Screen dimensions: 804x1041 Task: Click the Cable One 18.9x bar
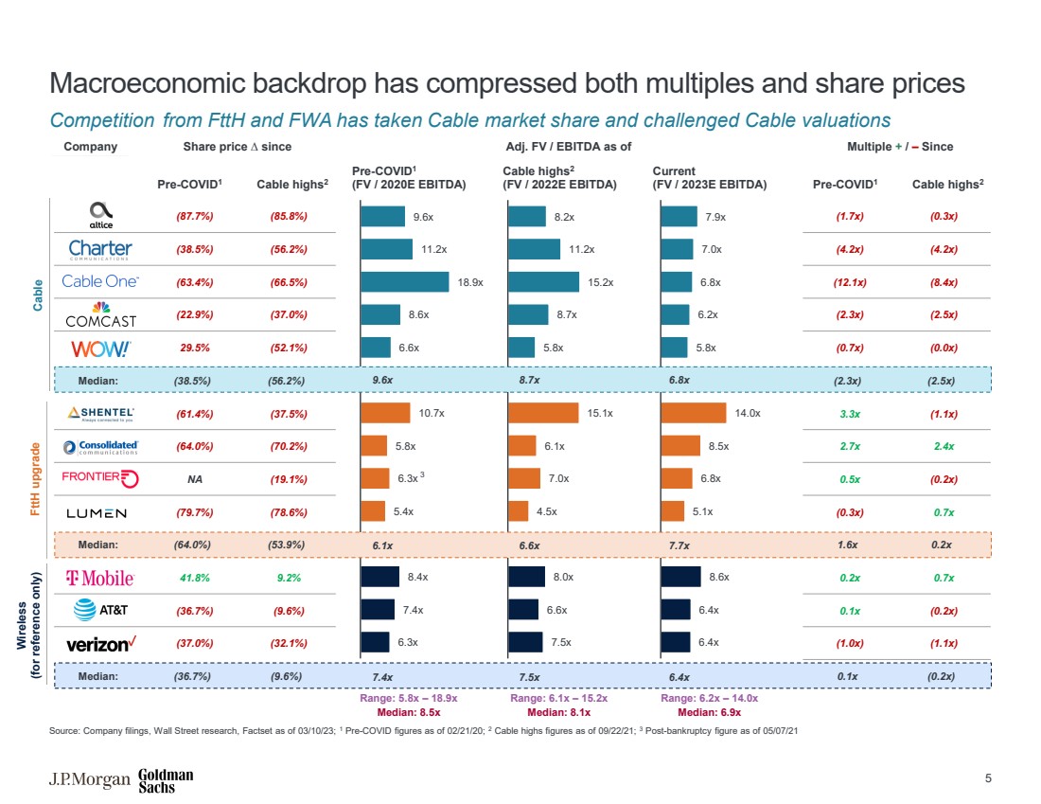(x=405, y=281)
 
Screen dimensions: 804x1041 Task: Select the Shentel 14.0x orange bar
(x=694, y=413)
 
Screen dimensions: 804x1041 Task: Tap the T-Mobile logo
(x=99, y=578)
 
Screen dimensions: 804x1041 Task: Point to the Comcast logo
(x=101, y=314)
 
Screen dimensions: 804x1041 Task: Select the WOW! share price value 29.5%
(x=193, y=348)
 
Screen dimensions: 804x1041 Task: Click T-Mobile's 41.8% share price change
(x=193, y=578)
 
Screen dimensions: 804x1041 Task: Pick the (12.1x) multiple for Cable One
(x=850, y=281)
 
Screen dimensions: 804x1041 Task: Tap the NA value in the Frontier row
(x=193, y=479)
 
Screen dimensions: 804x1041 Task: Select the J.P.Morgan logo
(x=89, y=780)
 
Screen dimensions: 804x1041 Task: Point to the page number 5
(x=988, y=779)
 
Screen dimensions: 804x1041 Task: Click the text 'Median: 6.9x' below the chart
(x=709, y=711)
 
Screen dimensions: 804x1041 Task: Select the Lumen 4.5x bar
(x=519, y=511)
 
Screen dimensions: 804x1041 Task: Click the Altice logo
(x=100, y=215)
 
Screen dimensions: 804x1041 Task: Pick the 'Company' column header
(x=90, y=147)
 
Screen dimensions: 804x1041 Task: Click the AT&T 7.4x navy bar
(x=378, y=610)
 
